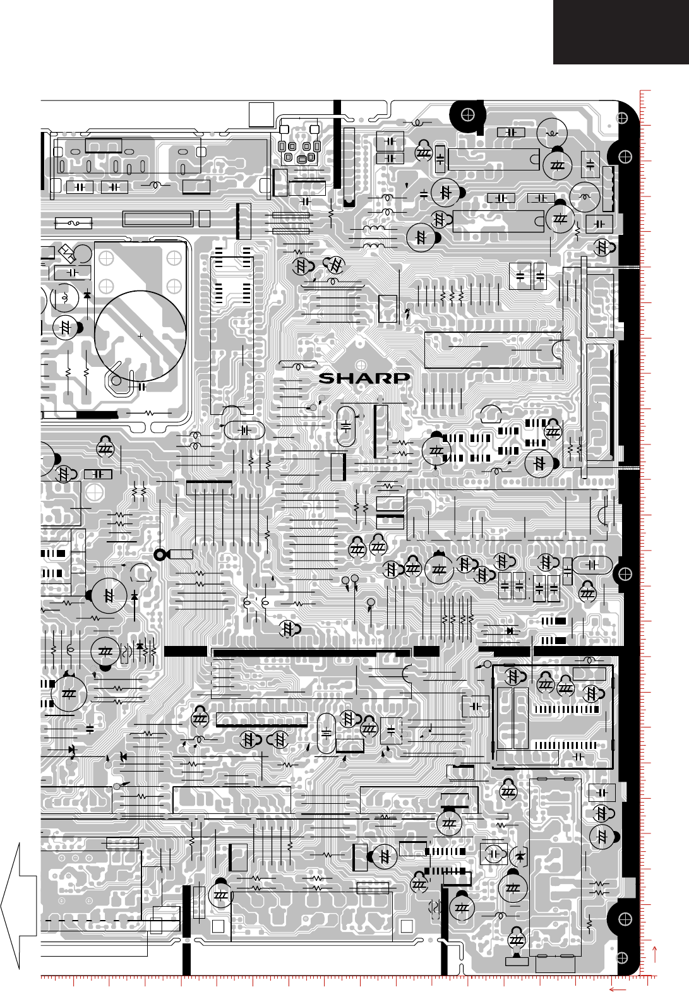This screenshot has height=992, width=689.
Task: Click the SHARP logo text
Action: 364,378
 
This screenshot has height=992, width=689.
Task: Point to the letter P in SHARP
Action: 401,378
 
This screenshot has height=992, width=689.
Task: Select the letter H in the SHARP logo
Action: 346,378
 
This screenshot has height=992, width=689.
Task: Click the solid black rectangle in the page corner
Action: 621,32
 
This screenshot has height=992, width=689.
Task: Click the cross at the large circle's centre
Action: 140,336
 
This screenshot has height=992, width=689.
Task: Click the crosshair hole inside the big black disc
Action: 468,115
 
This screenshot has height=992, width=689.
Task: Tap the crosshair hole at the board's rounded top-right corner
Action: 623,117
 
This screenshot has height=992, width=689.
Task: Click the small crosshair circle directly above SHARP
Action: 361,364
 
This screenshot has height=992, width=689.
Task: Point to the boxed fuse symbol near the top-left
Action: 74,223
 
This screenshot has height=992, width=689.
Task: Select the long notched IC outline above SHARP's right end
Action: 493,349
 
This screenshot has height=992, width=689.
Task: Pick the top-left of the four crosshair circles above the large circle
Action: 106,258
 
